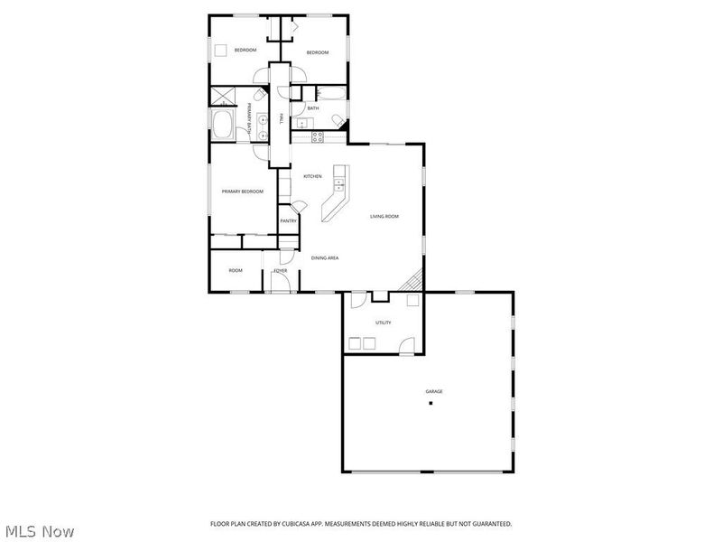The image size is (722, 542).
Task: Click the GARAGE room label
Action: point(434,391)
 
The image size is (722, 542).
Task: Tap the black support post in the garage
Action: point(430,403)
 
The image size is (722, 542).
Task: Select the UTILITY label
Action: point(383,322)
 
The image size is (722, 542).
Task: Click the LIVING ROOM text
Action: point(384,216)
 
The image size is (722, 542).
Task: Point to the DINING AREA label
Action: point(325,258)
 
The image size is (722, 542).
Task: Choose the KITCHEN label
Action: point(312,176)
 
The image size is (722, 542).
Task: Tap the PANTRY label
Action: point(288,220)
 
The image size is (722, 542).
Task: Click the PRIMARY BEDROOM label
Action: point(243,192)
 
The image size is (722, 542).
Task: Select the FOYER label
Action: point(281,270)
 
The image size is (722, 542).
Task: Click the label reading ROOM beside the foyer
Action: point(236,270)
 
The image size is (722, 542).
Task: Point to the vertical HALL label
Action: point(282,118)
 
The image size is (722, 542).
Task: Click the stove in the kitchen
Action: point(318,136)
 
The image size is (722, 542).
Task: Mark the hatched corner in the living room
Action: point(414,281)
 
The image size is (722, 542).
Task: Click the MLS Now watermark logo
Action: point(39,531)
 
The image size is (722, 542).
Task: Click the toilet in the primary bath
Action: point(258,94)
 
